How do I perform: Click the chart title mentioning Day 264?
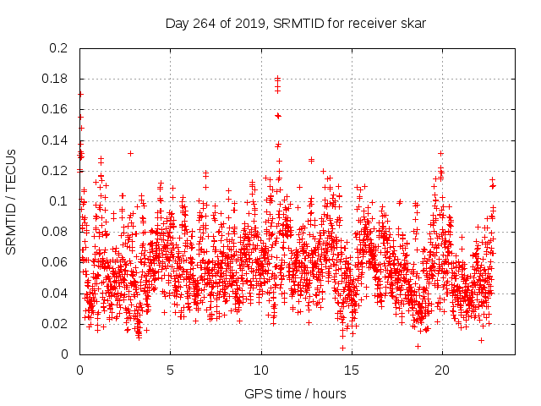(x=295, y=23)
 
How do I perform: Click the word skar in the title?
(x=413, y=23)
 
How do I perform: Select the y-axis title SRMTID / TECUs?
(x=11, y=201)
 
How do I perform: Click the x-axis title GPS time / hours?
(x=295, y=393)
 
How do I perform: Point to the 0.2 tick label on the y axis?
(x=59, y=48)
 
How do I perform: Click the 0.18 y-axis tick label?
(x=56, y=79)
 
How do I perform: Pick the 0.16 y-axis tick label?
(x=56, y=109)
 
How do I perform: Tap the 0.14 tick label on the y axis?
(x=56, y=140)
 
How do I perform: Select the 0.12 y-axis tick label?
(x=56, y=171)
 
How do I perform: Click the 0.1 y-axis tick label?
(x=59, y=201)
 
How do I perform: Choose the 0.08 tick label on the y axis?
(x=56, y=232)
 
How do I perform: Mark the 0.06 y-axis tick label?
(x=56, y=262)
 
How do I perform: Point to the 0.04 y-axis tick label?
(x=56, y=293)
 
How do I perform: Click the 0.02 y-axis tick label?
(x=56, y=324)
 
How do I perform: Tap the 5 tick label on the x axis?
(x=170, y=370)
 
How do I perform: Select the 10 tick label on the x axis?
(x=261, y=370)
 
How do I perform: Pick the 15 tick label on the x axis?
(x=352, y=370)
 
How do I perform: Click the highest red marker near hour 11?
(x=277, y=79)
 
